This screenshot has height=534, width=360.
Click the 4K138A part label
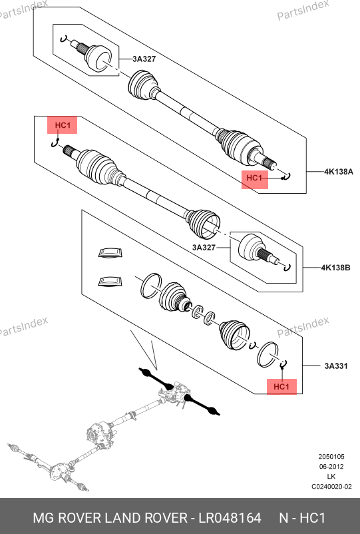[x=339, y=172]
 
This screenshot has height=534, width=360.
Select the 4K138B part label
[x=335, y=268]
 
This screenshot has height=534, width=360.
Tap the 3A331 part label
[x=336, y=366]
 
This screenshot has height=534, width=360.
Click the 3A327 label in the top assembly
[x=144, y=59]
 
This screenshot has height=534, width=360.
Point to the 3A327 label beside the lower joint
[x=204, y=248]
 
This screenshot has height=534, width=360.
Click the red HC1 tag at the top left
[x=63, y=125]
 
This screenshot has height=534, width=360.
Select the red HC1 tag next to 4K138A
[x=255, y=178]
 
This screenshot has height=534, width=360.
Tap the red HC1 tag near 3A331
[x=281, y=387]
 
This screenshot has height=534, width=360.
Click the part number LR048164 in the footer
[x=230, y=518]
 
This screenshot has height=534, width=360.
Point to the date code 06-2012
[x=331, y=467]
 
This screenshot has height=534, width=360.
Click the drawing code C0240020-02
[x=331, y=487]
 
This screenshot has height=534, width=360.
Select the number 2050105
[x=331, y=457]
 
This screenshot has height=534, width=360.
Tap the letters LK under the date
[x=331, y=477]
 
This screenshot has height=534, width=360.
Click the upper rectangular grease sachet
[x=110, y=253]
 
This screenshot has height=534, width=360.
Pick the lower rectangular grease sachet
[x=110, y=281]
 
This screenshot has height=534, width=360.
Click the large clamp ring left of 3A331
[x=268, y=354]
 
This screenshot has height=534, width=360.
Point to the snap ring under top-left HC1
[x=55, y=144]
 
